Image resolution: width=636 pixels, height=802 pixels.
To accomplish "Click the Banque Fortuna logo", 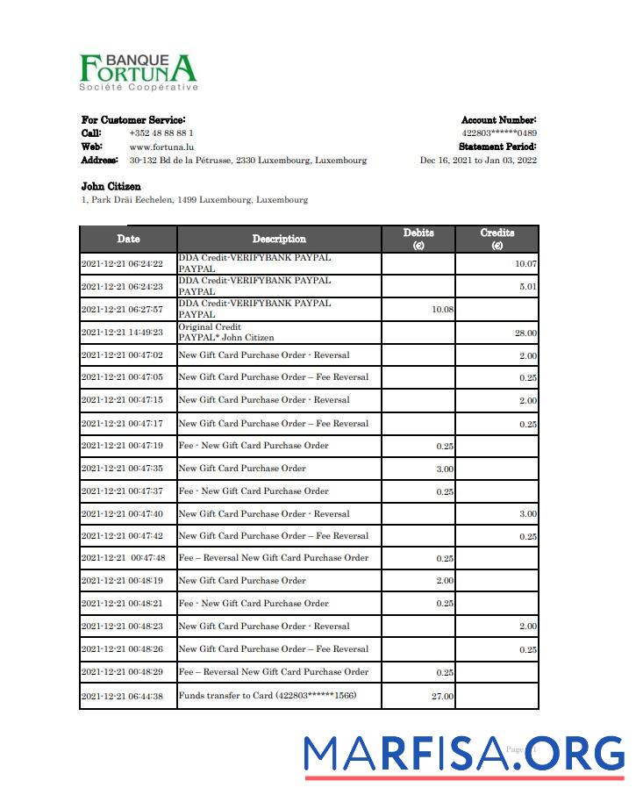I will (x=138, y=70).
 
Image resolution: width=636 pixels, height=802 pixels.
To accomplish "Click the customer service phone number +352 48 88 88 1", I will (x=161, y=133).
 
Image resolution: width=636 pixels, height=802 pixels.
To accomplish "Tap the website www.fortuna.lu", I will (x=155, y=147).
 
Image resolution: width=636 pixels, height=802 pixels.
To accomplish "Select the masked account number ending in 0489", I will (x=499, y=133).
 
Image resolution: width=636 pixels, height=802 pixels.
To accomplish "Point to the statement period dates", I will (x=478, y=161).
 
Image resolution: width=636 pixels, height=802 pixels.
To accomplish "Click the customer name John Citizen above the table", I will (x=111, y=186).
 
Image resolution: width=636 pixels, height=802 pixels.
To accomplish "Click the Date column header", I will (x=128, y=239).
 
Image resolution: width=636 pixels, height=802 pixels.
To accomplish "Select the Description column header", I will (x=279, y=239).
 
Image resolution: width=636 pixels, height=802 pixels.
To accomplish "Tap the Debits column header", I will (x=418, y=239).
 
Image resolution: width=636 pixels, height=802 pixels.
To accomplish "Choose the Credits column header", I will (x=497, y=239).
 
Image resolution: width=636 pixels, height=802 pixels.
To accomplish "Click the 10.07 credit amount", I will (x=525, y=264).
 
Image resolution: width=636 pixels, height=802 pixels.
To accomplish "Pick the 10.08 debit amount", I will (x=441, y=310).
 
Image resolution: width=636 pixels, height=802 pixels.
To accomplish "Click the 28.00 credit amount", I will (x=525, y=333).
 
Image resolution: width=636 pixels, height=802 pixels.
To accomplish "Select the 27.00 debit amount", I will (x=442, y=697).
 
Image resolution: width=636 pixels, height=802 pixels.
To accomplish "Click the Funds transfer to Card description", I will (x=267, y=696).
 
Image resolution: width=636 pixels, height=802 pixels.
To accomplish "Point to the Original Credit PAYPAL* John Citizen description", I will (x=225, y=333).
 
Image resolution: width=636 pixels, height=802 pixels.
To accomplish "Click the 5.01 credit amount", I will (x=527, y=287).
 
